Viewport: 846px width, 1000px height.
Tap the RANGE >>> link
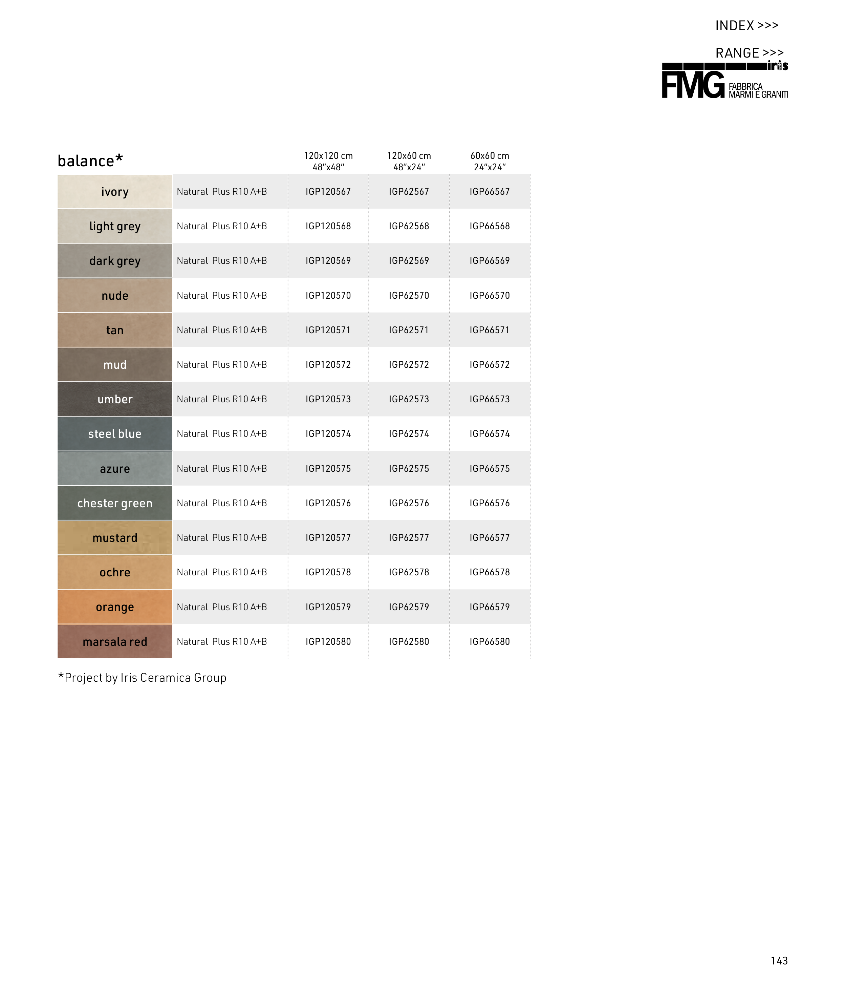[749, 53]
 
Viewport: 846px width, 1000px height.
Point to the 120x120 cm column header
[328, 161]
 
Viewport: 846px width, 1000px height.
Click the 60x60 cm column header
[489, 161]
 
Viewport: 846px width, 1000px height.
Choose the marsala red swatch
[115, 642]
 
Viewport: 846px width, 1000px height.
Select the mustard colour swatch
[115, 538]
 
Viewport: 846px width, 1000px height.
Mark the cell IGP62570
[409, 295]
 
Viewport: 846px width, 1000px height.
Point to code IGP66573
[489, 399]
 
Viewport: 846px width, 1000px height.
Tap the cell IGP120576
[328, 503]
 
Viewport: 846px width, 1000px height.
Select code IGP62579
[409, 607]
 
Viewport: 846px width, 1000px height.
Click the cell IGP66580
[489, 642]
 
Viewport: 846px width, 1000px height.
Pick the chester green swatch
[115, 503]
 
